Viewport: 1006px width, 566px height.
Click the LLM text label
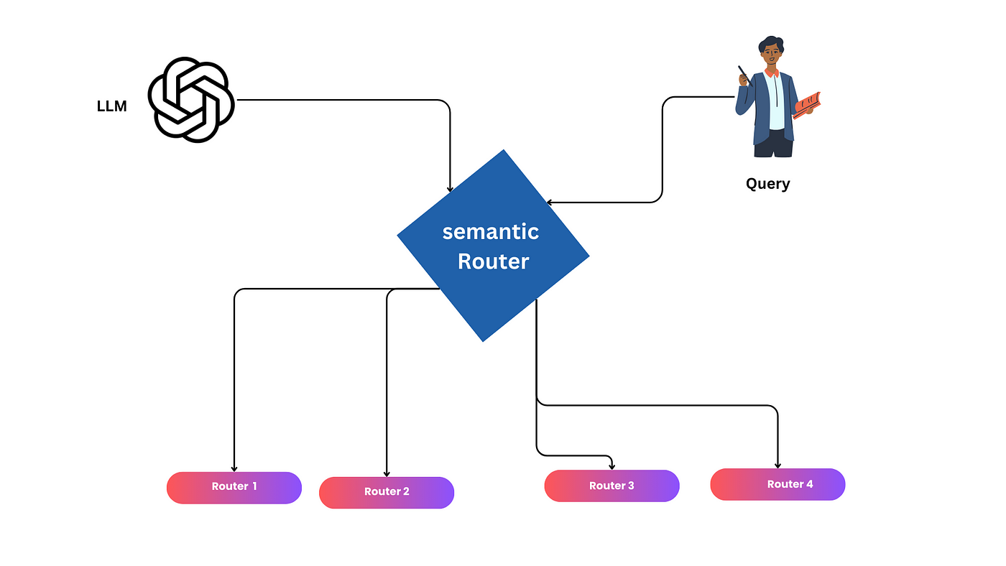[x=112, y=106]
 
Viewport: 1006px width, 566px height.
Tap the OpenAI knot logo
[x=191, y=100]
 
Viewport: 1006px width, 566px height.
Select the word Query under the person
[x=767, y=184]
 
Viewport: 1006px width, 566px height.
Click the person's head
[x=771, y=51]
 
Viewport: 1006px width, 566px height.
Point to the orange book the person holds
[x=806, y=106]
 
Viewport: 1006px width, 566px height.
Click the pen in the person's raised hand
[x=744, y=75]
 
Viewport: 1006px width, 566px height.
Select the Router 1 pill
[x=234, y=488]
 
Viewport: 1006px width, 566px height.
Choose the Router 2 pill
[x=387, y=493]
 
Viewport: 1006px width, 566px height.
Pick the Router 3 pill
[x=612, y=486]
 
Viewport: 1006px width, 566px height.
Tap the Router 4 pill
[x=777, y=484]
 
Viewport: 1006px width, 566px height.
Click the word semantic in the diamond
[x=490, y=232]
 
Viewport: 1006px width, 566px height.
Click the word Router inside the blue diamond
[x=493, y=261]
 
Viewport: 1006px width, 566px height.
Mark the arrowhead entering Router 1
[x=234, y=469]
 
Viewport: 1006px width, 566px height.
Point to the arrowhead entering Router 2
[x=387, y=474]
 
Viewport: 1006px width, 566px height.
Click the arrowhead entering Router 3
[x=612, y=468]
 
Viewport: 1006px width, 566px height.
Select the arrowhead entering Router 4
[x=777, y=466]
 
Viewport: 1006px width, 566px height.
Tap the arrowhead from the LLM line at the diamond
[x=450, y=190]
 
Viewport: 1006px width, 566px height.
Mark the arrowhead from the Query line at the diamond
[x=549, y=203]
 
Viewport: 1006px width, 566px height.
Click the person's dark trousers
[x=773, y=144]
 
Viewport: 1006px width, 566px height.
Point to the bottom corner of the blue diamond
[x=483, y=342]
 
